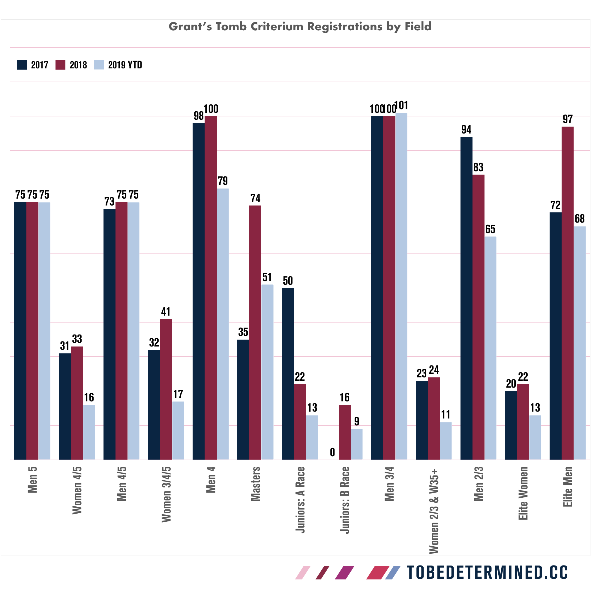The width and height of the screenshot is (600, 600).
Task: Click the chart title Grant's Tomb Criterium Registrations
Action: click(300, 27)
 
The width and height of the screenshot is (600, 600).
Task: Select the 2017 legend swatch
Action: click(22, 64)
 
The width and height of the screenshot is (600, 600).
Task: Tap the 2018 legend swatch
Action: click(61, 64)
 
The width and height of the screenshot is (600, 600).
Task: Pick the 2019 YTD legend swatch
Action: click(99, 64)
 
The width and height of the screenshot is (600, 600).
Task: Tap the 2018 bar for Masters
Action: click(255, 332)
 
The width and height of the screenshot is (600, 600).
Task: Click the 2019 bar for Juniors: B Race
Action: click(356, 444)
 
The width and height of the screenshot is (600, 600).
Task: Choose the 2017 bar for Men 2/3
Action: click(466, 298)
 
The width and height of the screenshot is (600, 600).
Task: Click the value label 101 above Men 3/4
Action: click(401, 106)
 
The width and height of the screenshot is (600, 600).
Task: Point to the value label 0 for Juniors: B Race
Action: click(332, 452)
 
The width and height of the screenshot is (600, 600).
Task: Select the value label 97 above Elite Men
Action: click(567, 119)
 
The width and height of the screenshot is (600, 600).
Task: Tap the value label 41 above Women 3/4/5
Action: click(166, 311)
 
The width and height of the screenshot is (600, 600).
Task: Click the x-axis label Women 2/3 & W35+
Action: click(434, 509)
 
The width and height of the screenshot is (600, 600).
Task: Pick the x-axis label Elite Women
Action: click(523, 493)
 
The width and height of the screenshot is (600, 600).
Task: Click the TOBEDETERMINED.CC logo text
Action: click(487, 572)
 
